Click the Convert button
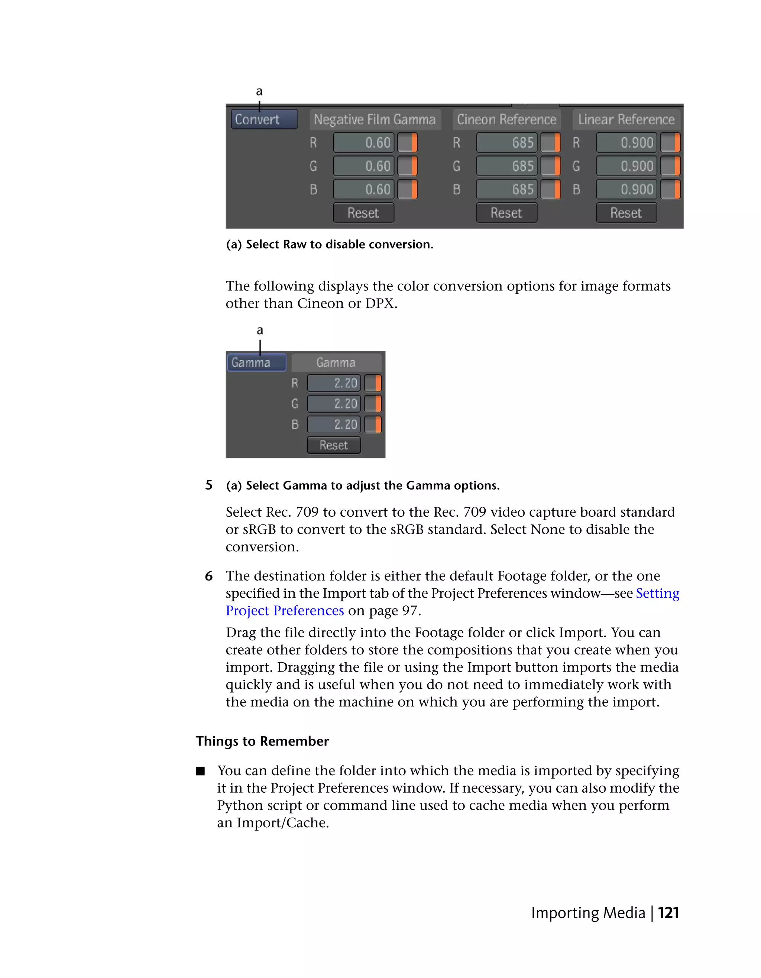tap(264, 120)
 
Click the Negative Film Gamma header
tap(375, 120)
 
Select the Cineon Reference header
tap(506, 120)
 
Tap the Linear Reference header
tap(626, 120)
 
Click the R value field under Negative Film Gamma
tap(363, 143)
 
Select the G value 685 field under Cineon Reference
tap(506, 166)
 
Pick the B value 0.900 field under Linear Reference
tap(626, 189)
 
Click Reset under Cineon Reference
tap(506, 213)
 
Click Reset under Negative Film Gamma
tap(363, 213)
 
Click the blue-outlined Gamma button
tap(256, 362)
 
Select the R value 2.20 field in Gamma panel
tap(334, 383)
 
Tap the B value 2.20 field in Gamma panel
tap(334, 425)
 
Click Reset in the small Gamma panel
tap(334, 445)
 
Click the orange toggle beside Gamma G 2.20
tap(373, 404)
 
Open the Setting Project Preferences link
tap(657, 593)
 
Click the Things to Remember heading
tap(262, 741)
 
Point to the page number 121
tap(668, 913)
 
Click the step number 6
tap(209, 576)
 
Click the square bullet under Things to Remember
tap(200, 771)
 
